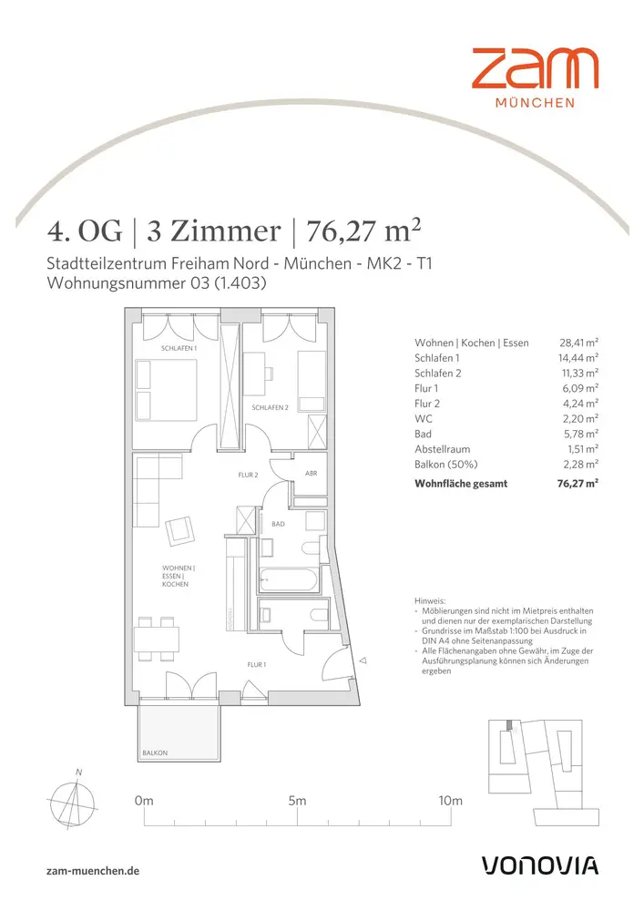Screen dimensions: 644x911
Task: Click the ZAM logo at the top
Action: [x=535, y=77]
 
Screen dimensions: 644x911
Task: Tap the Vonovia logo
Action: [x=539, y=865]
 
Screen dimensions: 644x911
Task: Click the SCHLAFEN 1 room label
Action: [x=179, y=349]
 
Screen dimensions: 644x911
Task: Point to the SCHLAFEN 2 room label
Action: [x=270, y=408]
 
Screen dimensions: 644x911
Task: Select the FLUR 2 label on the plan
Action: [x=248, y=476]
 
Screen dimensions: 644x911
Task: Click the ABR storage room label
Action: [x=312, y=474]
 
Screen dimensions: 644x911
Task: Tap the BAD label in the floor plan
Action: [x=278, y=524]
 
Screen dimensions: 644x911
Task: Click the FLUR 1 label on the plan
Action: [x=256, y=665]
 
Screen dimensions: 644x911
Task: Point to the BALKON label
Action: [x=155, y=753]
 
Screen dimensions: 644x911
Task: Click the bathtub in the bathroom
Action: [x=289, y=579]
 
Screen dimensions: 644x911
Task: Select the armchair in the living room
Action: [x=180, y=531]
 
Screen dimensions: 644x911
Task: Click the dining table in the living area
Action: [x=157, y=639]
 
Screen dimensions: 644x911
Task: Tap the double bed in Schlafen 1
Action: [x=166, y=389]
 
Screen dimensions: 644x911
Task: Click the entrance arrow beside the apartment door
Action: [x=363, y=660]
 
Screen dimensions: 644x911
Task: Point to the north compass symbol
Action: [x=72, y=800]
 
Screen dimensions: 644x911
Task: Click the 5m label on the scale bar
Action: [x=297, y=801]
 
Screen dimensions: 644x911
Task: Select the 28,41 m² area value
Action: [x=578, y=343]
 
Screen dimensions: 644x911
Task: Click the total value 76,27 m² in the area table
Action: [x=578, y=484]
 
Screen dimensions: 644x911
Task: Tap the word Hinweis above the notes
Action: [x=430, y=600]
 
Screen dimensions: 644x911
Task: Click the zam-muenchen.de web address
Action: [x=93, y=871]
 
